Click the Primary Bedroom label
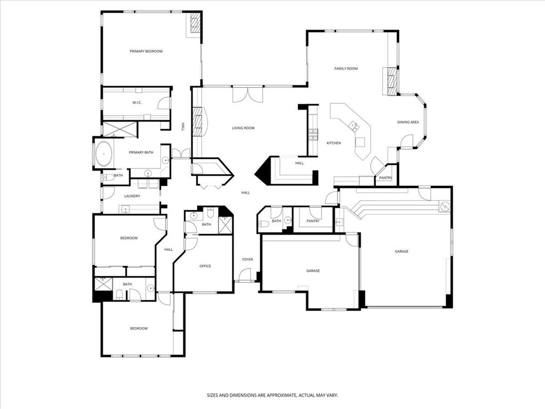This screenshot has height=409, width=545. coord(146,52)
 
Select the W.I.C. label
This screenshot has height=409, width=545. coord(137,103)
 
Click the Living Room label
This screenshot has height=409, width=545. coord(243,128)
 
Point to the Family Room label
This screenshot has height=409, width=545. coord(346,69)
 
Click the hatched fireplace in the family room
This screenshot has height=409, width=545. coord(392,81)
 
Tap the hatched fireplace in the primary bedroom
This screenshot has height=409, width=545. coord(195,23)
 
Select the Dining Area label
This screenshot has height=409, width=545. coord(408,122)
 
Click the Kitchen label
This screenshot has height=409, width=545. coord(334,143)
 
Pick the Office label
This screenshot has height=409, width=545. coord(205,266)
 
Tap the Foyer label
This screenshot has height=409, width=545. coord(247,260)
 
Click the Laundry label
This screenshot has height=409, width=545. coord(132,196)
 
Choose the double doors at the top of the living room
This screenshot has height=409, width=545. coord(247,95)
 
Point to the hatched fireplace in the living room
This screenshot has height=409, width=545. coord(197,122)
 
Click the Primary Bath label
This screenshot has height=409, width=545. coord(141,153)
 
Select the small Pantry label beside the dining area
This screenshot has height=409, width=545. coord(385,178)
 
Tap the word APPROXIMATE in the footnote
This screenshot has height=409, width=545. coord(279,396)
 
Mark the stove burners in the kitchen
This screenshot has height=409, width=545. coord(313,135)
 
